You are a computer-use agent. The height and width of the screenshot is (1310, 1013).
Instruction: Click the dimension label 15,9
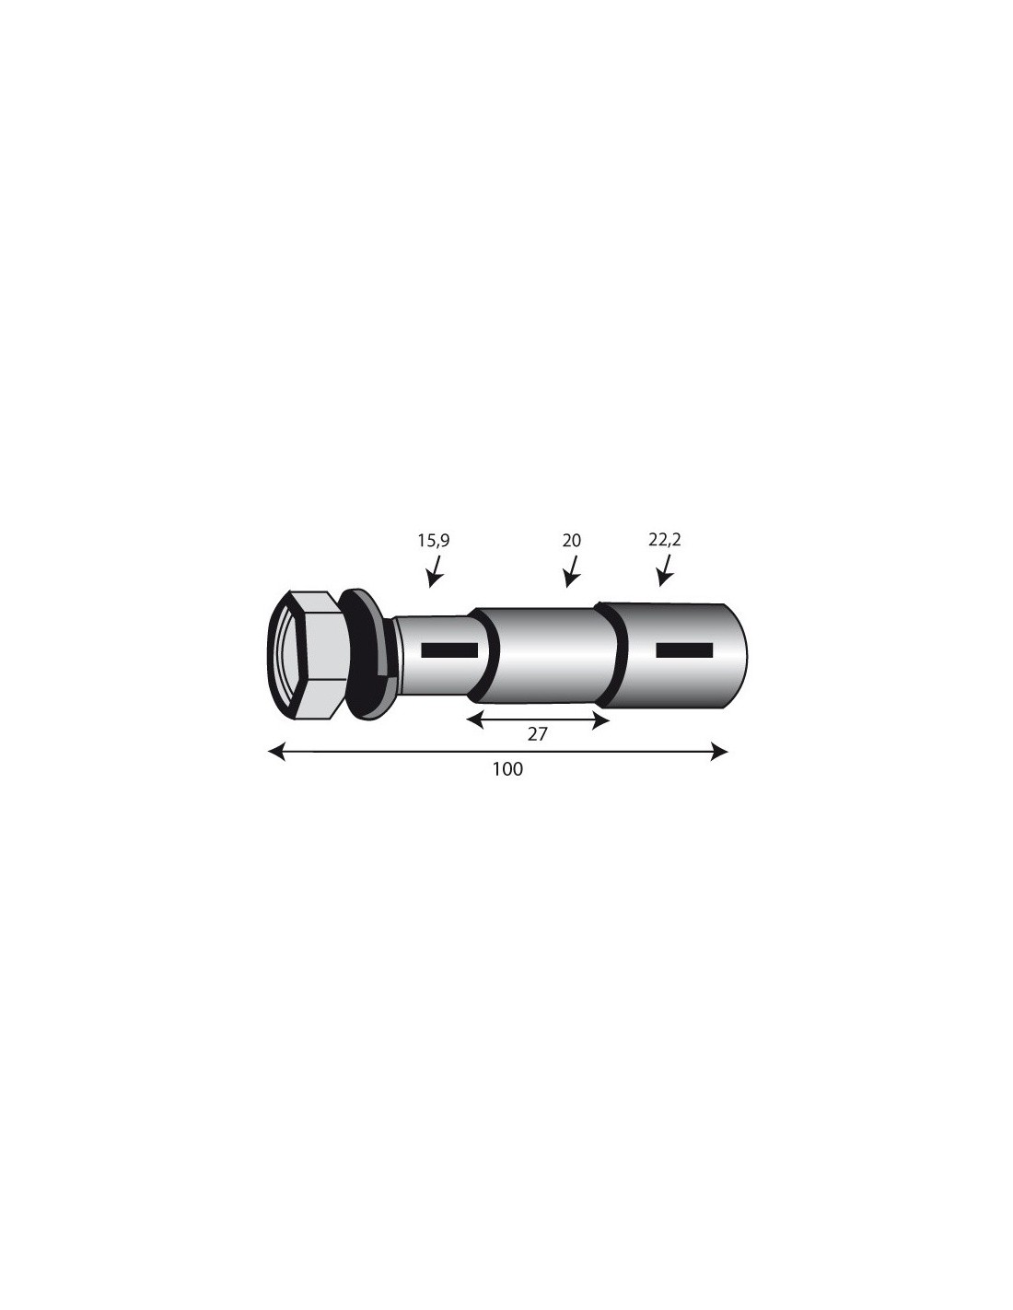coord(433,541)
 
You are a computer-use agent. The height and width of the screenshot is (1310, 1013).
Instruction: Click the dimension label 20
coord(571,541)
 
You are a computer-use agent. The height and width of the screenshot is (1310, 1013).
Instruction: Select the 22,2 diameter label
coord(665,540)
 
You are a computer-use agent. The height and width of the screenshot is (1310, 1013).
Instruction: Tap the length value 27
coord(537,734)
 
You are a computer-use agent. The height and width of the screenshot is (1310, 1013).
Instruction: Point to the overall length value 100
coord(508,769)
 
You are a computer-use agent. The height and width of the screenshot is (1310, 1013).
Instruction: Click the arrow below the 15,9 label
coord(435,571)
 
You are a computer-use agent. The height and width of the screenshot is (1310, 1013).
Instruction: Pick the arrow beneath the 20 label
coord(571,571)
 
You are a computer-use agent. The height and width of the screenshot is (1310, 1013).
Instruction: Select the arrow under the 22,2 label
coord(665,570)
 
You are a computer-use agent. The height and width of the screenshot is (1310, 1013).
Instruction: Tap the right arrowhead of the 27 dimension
coord(600,719)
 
